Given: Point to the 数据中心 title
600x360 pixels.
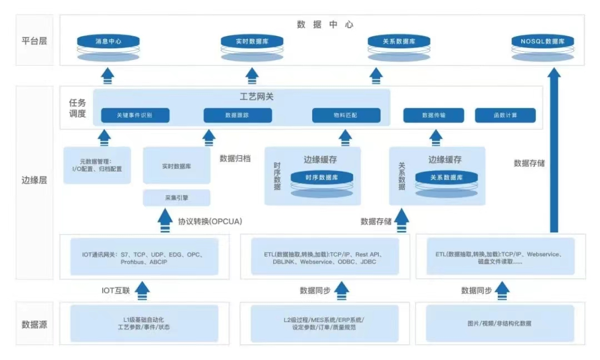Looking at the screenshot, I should pos(325,24).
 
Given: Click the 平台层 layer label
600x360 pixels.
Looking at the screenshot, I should pos(34,41).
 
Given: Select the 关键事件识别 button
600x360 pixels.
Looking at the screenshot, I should pos(135,116).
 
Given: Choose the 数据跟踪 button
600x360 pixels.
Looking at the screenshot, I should pos(237,116).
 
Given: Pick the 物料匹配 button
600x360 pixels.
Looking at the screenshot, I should pos(346,116).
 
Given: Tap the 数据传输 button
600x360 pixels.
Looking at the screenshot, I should pos(433,116).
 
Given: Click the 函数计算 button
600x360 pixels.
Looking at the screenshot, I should pos(505,116).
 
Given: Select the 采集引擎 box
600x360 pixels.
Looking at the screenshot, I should pos(177,198).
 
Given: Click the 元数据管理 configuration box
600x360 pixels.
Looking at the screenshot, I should pos(97,165).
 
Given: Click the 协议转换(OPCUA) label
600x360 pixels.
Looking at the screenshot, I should pos(210,221).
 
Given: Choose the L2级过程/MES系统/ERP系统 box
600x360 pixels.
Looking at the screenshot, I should pos(324,323).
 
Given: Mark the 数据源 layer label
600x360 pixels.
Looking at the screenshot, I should pos(34,324).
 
